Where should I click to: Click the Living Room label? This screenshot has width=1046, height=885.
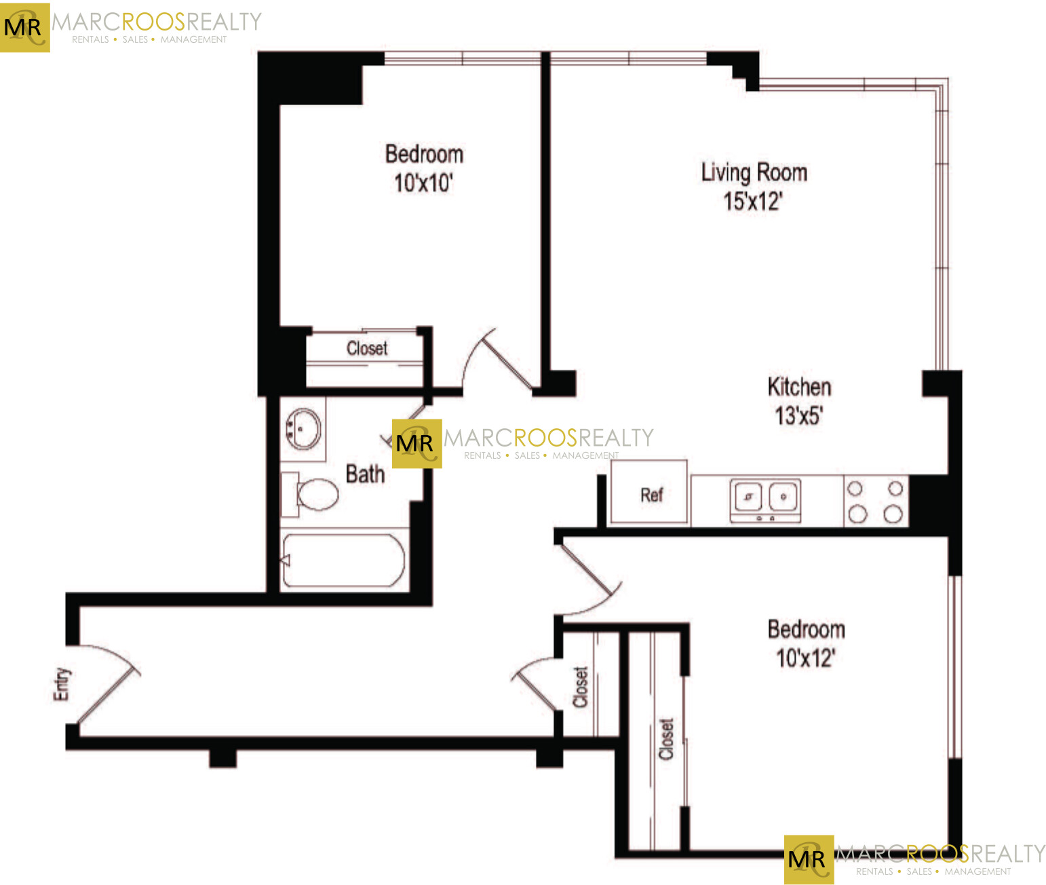(754, 172)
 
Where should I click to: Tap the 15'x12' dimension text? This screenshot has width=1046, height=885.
(752, 202)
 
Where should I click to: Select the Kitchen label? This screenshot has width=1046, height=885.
(799, 387)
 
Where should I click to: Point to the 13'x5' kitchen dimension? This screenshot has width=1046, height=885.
(798, 415)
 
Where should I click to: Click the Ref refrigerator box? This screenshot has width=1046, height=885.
(649, 493)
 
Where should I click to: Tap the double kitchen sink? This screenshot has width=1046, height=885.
(766, 499)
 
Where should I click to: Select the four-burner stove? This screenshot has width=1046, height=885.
(875, 501)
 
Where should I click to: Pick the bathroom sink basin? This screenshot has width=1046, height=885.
(303, 429)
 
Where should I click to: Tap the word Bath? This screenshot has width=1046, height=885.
(365, 474)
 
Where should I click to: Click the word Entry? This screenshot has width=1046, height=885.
(62, 683)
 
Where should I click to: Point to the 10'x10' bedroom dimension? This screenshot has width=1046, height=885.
(423, 183)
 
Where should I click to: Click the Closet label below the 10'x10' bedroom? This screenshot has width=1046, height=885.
(367, 349)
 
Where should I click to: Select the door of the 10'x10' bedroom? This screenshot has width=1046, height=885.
(499, 360)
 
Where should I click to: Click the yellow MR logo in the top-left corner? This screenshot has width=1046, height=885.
(24, 27)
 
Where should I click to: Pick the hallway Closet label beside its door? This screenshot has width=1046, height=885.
(581, 687)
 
